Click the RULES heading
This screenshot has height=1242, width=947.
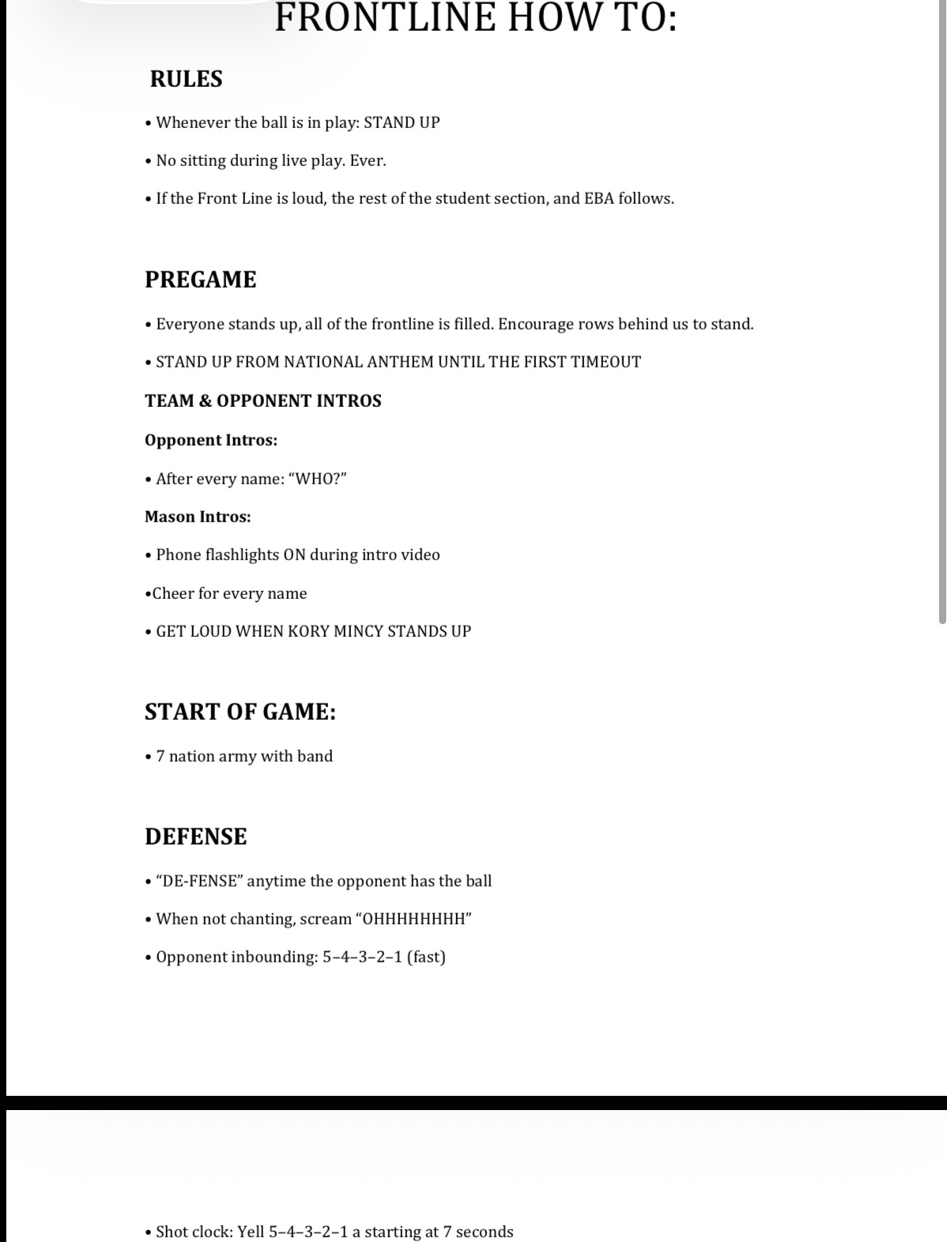coord(187,79)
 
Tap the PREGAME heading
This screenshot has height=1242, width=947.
coord(201,280)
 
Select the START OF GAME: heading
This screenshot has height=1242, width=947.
coord(240,712)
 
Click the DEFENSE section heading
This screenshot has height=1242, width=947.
coord(196,837)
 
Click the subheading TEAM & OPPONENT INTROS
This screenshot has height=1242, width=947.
coord(263,401)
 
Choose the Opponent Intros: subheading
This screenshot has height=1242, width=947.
coord(211,440)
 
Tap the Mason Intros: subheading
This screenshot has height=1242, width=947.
coord(198,517)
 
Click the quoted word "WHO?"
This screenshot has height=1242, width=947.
coord(320,479)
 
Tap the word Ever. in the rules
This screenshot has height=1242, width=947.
coord(368,160)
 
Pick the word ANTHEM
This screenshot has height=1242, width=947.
coord(398,362)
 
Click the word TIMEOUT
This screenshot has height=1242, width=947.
coord(605,362)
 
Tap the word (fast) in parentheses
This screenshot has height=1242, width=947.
coord(426,957)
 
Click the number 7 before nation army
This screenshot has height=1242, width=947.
coord(160,756)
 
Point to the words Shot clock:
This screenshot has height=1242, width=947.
coord(194,1232)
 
